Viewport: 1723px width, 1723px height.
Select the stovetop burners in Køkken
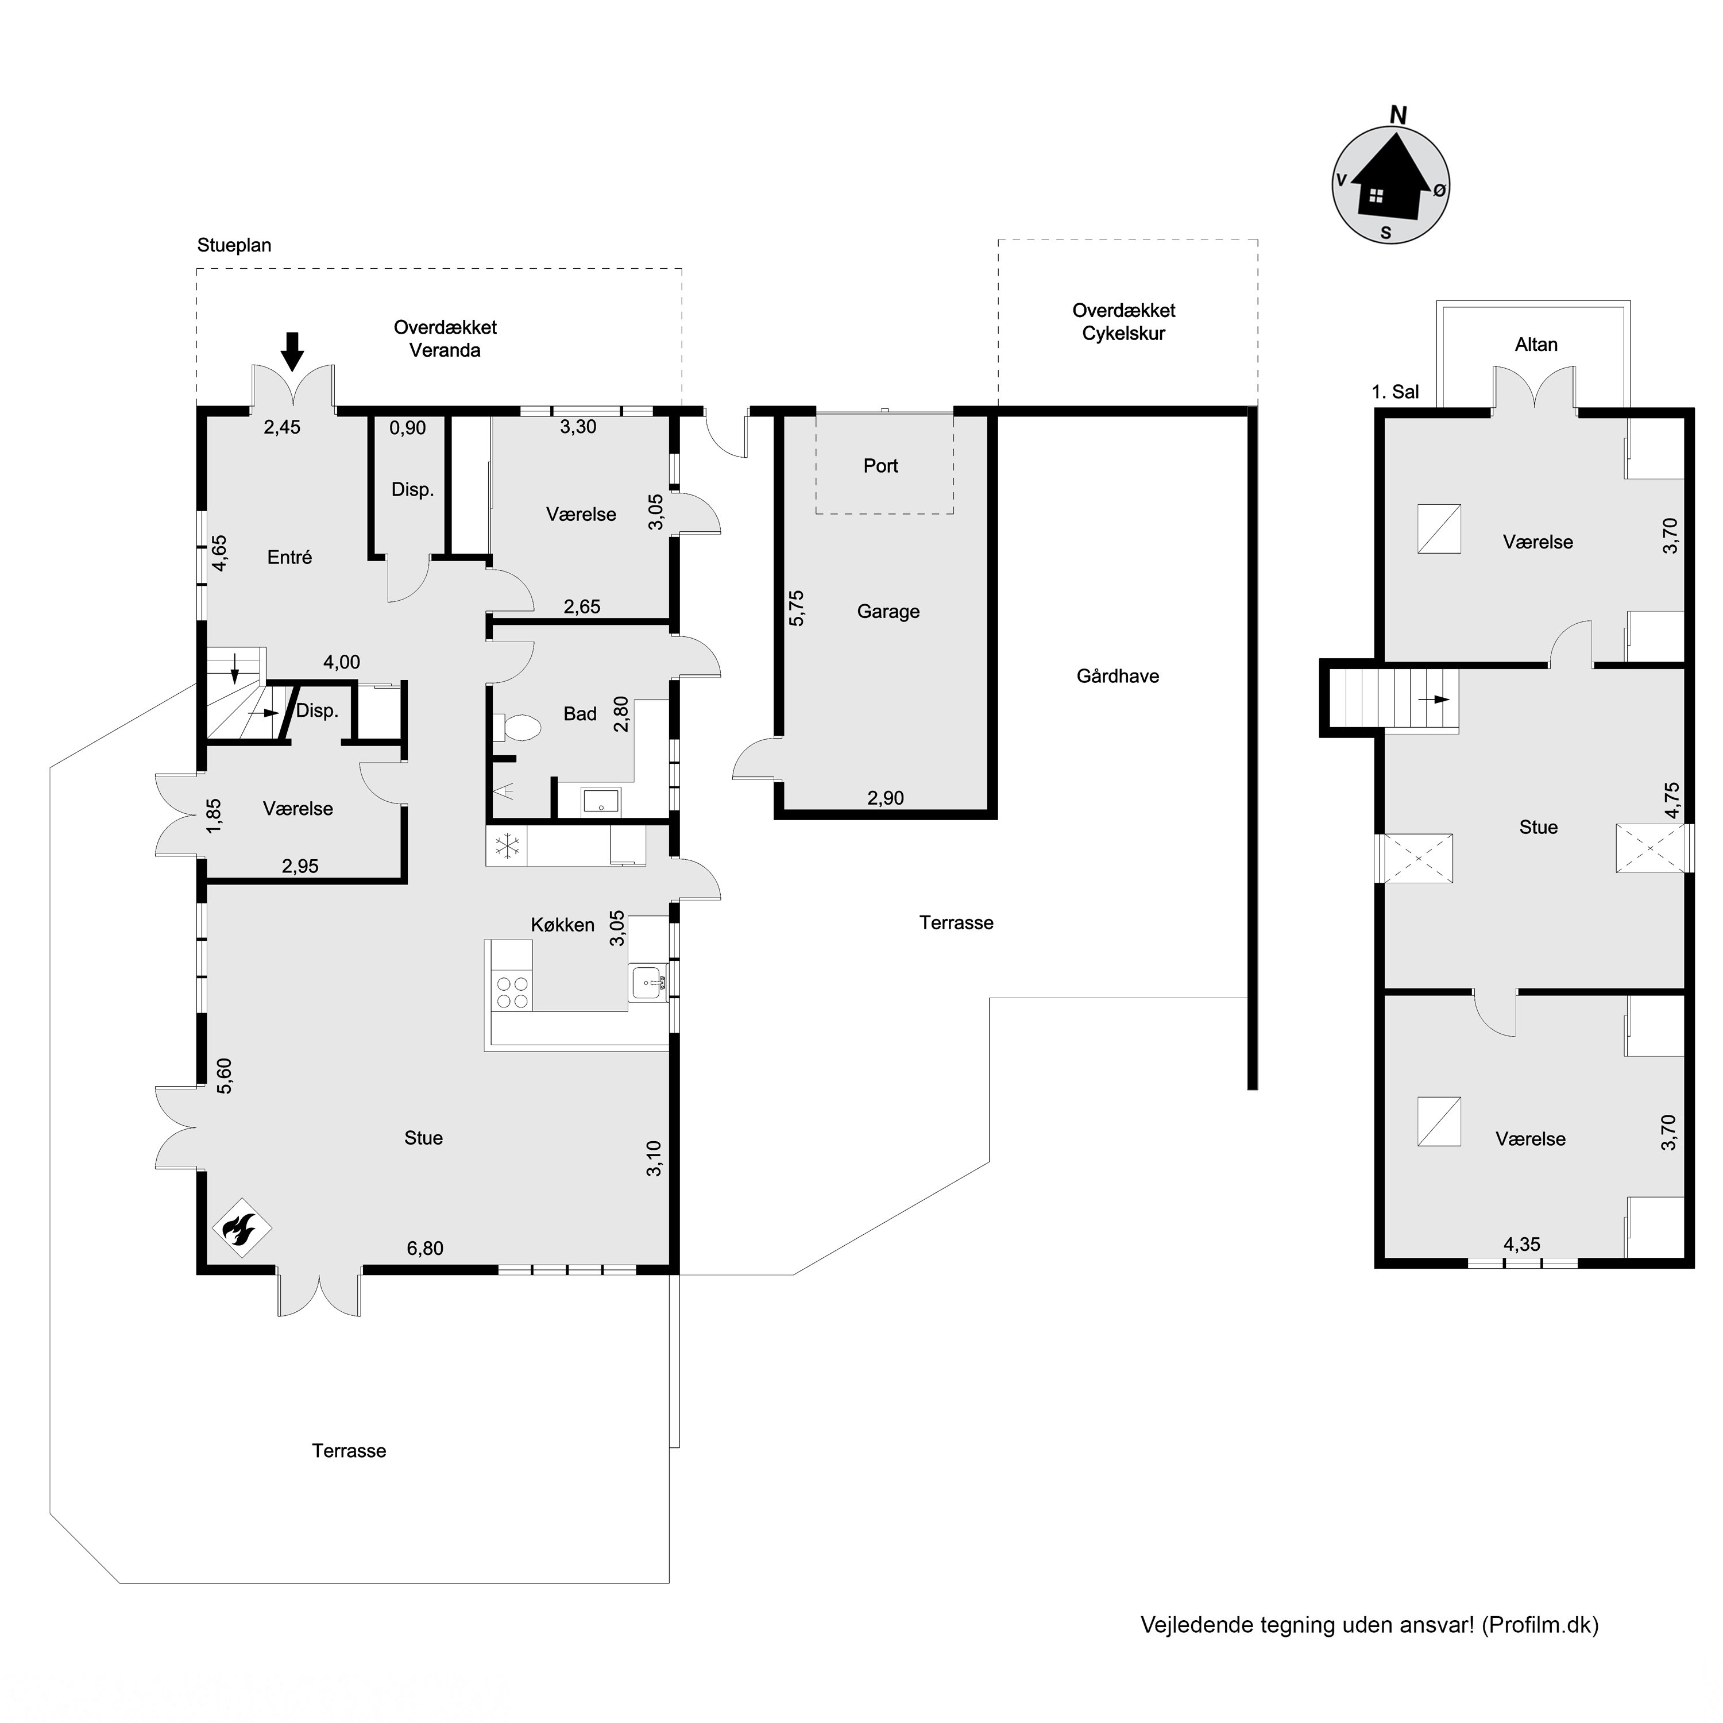click(x=512, y=992)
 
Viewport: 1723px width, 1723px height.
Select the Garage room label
click(x=888, y=612)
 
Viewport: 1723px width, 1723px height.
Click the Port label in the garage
click(x=880, y=466)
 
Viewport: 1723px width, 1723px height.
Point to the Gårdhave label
click(x=1118, y=676)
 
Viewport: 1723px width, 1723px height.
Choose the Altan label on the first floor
click(x=1536, y=344)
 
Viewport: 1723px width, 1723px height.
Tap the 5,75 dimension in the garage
click(x=797, y=607)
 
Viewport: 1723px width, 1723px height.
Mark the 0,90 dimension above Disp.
click(x=408, y=428)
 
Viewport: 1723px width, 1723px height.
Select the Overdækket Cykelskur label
click(x=1124, y=322)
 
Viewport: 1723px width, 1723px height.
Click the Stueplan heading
click(x=234, y=245)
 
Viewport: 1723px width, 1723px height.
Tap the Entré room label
click(x=290, y=557)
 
